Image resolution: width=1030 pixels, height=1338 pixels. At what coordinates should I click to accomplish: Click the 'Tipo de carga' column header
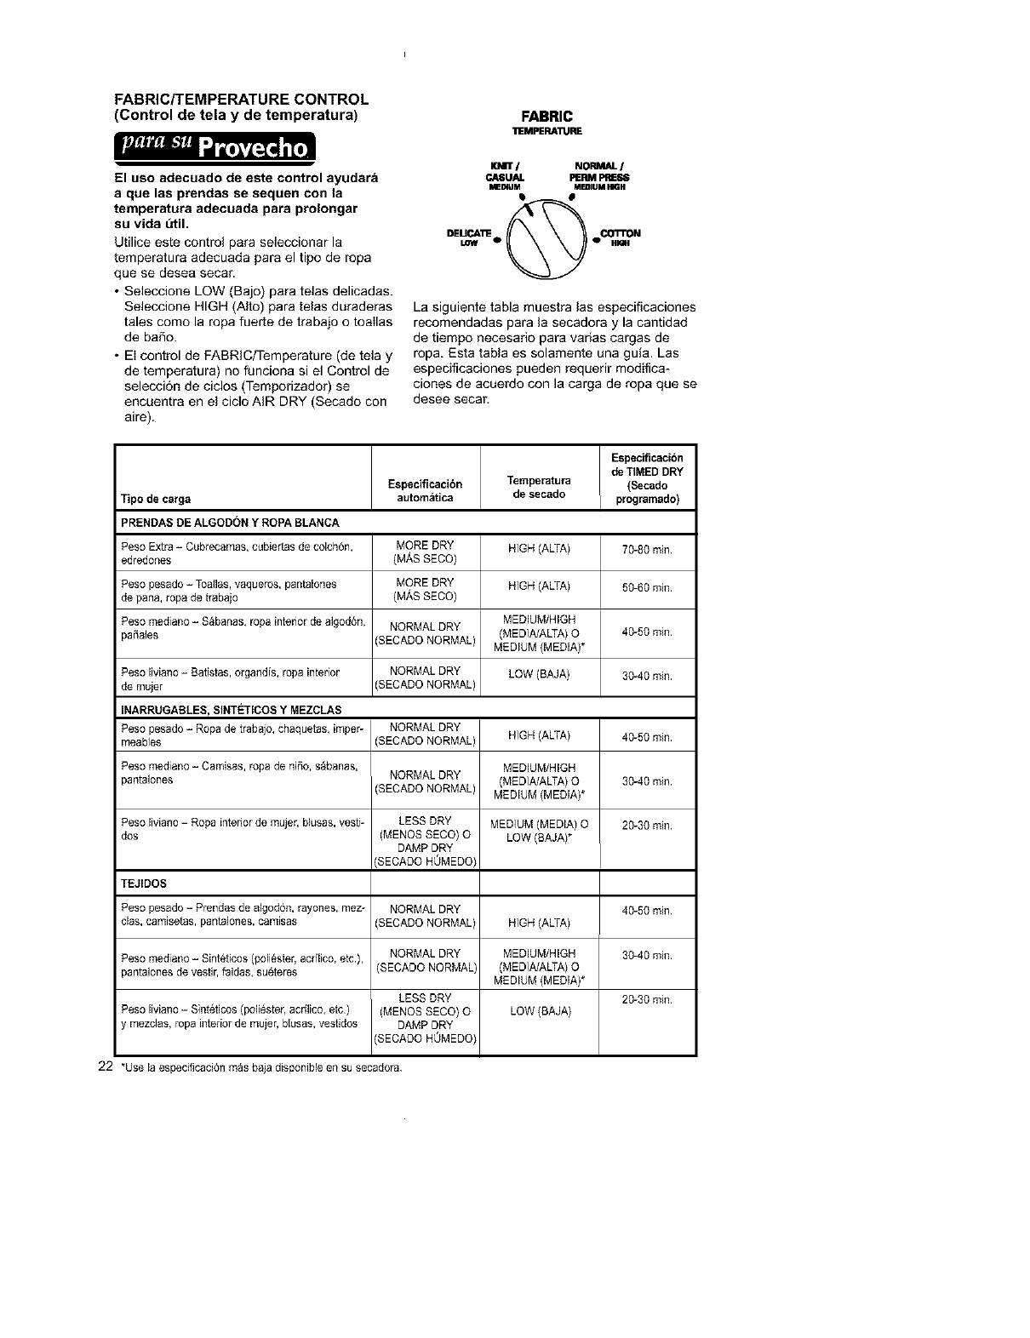tap(156, 499)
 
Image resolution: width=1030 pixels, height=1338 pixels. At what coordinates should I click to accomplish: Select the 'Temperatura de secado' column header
tap(539, 487)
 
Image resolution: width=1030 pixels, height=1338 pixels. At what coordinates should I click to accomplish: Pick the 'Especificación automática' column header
tap(425, 491)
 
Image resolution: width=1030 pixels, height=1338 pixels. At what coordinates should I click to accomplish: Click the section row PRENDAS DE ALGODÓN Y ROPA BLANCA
tap(231, 523)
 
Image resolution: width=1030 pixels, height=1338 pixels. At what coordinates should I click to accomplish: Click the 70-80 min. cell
tap(647, 551)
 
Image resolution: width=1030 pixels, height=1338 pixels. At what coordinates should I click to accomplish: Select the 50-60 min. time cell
tap(647, 588)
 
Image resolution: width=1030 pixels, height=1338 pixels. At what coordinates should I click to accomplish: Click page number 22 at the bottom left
tap(106, 1066)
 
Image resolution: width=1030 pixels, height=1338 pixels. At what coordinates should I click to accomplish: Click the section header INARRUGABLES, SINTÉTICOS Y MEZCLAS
tap(232, 709)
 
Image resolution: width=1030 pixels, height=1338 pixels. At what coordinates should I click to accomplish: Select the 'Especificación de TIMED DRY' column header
tap(647, 478)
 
